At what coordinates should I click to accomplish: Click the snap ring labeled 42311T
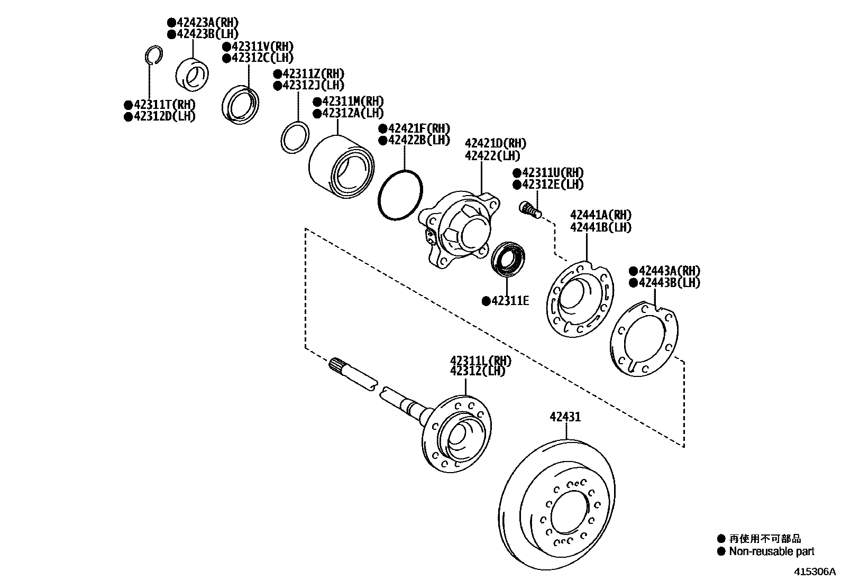click(x=152, y=55)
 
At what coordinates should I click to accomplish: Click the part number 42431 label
click(x=565, y=417)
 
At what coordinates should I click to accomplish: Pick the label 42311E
click(x=510, y=301)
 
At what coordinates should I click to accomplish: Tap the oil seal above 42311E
click(x=507, y=259)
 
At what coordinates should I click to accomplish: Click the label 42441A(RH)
click(x=601, y=215)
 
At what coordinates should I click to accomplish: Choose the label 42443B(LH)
click(x=669, y=283)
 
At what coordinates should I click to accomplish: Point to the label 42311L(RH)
click(x=481, y=361)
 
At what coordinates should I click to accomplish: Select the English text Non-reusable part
click(x=771, y=552)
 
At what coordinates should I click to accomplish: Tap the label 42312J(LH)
click(x=313, y=86)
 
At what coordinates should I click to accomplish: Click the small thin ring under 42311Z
click(x=294, y=137)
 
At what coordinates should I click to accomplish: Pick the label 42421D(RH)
click(x=496, y=144)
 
